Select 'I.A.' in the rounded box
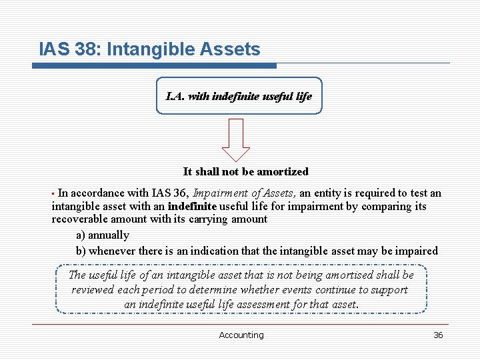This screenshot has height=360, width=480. click(x=175, y=96)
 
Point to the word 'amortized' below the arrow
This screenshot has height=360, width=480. click(x=283, y=171)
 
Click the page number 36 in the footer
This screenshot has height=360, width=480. click(x=438, y=335)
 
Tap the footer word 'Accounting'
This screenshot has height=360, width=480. click(x=241, y=335)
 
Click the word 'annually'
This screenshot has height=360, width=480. click(x=109, y=235)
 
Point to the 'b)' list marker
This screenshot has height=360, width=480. click(x=81, y=251)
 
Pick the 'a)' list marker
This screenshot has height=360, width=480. click(x=81, y=235)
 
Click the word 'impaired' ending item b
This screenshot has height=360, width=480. click(x=417, y=251)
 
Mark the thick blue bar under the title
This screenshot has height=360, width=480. click(x=155, y=66)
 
